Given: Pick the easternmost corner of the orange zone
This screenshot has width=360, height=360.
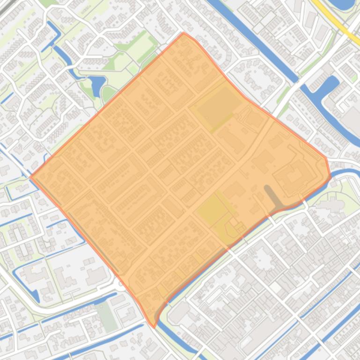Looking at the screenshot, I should [x=331, y=177].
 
